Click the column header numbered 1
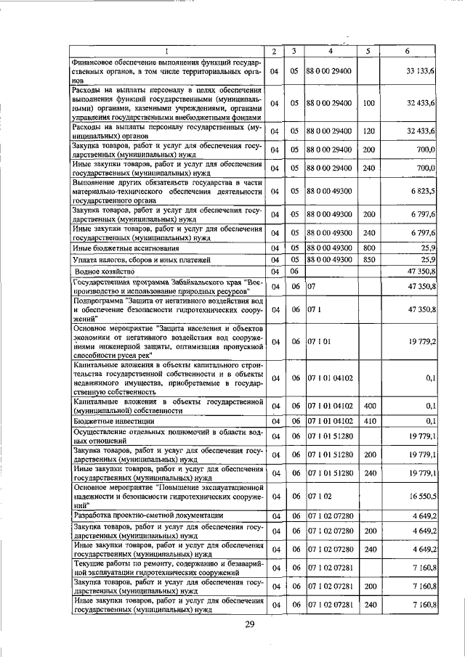point(166,51)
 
